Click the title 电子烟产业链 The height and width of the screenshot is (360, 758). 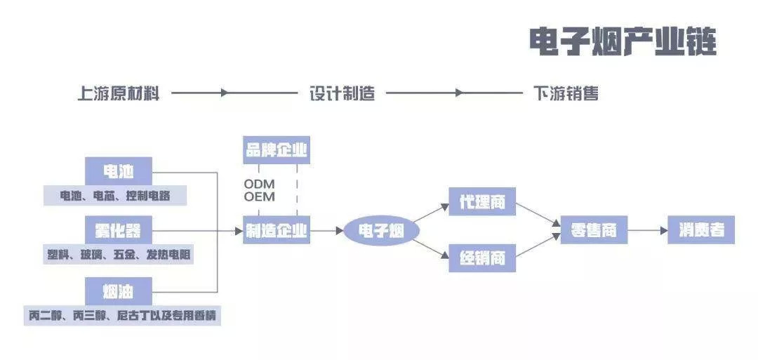[622, 41]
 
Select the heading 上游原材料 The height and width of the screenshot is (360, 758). [118, 93]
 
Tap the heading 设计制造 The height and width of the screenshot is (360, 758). [342, 93]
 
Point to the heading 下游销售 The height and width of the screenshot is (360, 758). [566, 93]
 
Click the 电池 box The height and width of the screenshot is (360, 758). [118, 171]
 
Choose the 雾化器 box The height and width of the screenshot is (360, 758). [118, 230]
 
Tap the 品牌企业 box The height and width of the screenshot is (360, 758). [277, 150]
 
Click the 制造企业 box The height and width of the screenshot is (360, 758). [277, 230]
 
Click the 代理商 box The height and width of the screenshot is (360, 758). [481, 202]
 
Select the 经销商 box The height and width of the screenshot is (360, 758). [481, 258]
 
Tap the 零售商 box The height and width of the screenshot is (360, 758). [593, 230]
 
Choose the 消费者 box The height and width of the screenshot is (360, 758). [701, 230]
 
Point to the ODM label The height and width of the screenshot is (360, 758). [260, 184]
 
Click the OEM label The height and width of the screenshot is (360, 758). [260, 196]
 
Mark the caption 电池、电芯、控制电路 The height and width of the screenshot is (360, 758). [115, 195]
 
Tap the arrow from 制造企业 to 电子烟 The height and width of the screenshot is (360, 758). [326, 230]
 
